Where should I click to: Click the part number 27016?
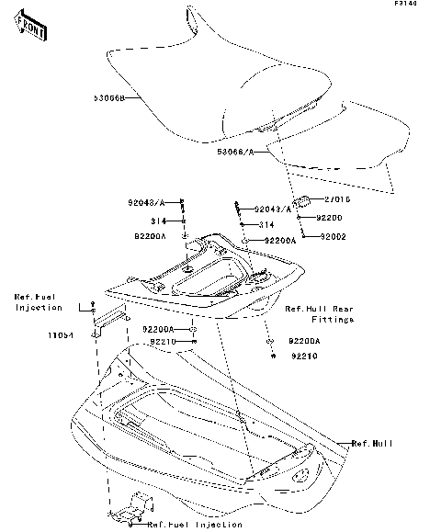click(x=336, y=199)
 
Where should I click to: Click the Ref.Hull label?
click(x=372, y=443)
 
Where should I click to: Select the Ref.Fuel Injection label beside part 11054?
click(x=39, y=302)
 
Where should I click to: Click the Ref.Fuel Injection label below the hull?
click(x=195, y=525)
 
